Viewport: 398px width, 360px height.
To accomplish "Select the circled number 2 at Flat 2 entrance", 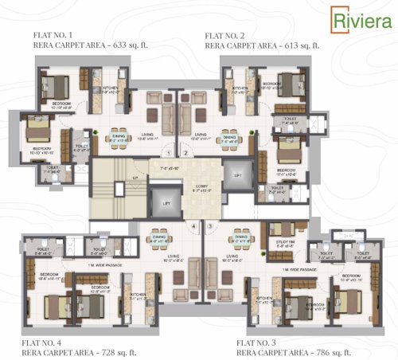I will click(184, 152).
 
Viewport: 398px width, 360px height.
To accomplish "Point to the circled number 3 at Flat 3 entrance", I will click(209, 225).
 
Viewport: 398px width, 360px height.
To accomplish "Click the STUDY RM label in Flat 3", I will click(284, 243).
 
